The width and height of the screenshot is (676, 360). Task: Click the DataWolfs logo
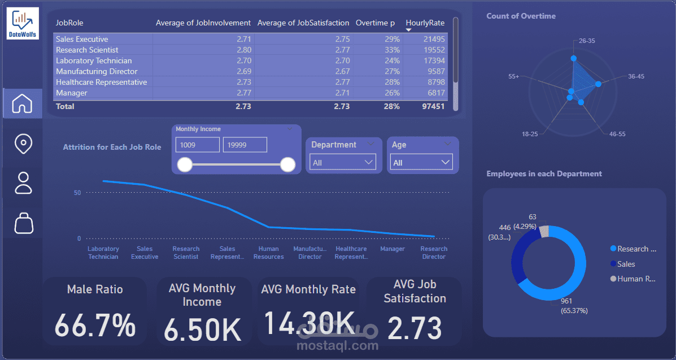(23, 23)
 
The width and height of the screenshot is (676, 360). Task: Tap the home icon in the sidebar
(23, 103)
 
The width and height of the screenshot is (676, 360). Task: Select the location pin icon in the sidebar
(23, 144)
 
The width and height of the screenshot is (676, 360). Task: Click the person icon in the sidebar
(23, 183)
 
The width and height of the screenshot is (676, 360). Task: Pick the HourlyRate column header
(425, 23)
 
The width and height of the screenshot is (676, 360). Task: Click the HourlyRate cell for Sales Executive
(434, 40)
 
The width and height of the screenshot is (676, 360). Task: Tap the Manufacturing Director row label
(97, 72)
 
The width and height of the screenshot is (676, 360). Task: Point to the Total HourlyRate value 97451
(434, 106)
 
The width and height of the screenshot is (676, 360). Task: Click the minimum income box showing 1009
(198, 145)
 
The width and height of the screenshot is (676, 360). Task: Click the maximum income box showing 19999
(245, 145)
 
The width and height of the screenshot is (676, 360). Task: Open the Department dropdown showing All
(343, 162)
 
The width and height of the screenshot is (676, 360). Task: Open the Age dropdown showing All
(421, 162)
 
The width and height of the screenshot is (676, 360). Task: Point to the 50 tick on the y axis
(77, 193)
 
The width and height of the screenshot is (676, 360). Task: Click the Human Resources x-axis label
(269, 253)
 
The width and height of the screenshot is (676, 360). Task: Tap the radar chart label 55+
(513, 76)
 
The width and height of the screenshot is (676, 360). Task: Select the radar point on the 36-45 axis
(598, 85)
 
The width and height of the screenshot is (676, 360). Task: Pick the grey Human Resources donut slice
(544, 231)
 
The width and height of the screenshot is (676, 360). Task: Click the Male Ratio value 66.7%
(95, 325)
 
